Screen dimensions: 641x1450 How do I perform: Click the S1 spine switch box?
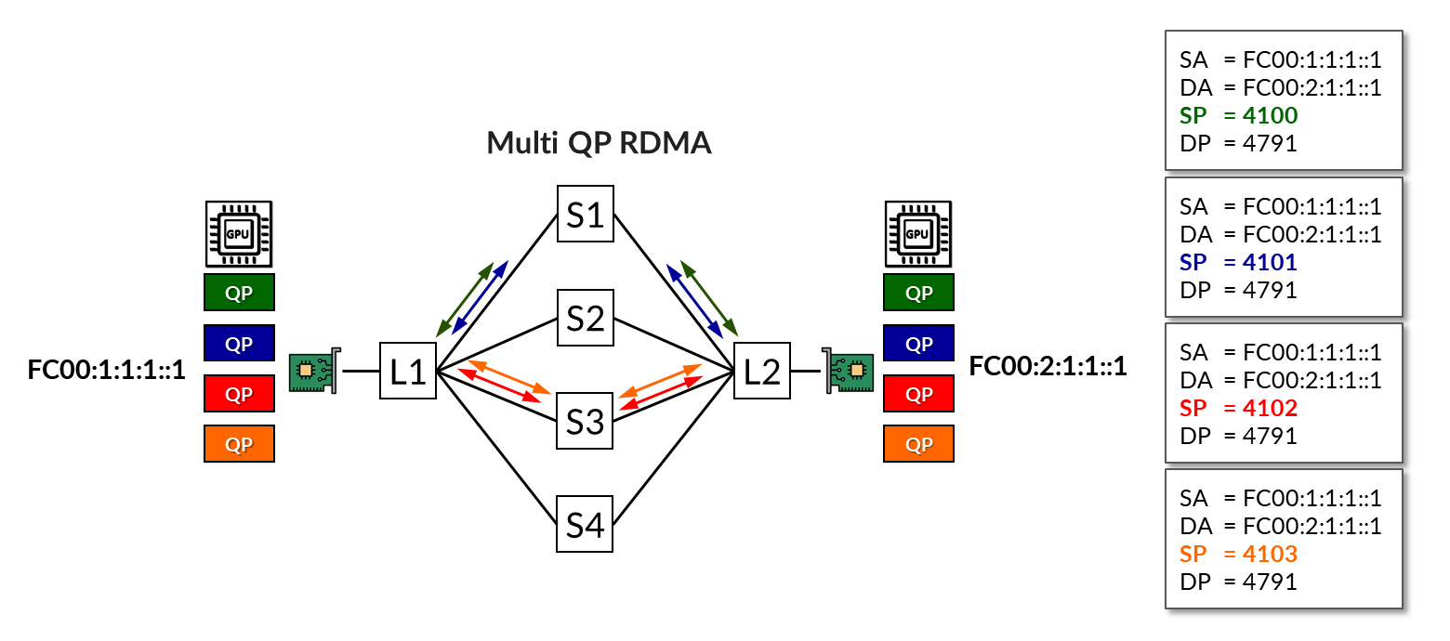pyautogui.click(x=585, y=214)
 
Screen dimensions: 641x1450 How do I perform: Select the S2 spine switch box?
pyautogui.click(x=585, y=318)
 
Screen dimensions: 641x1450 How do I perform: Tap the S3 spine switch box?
pyautogui.click(x=585, y=421)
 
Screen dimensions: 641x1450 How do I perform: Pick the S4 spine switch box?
pyautogui.click(x=585, y=524)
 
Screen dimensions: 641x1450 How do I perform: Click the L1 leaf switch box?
pyautogui.click(x=407, y=371)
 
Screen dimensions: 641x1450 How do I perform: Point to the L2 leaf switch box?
pyautogui.click(x=761, y=371)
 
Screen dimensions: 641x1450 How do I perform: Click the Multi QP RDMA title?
pyautogui.click(x=599, y=143)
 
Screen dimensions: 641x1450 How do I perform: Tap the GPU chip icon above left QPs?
pyautogui.click(x=239, y=233)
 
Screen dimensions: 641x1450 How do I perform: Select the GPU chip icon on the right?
pyautogui.click(x=917, y=233)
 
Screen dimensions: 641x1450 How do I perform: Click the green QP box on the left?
pyautogui.click(x=239, y=293)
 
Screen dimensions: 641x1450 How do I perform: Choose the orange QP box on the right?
pyautogui.click(x=917, y=444)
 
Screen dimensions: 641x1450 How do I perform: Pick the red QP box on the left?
pyautogui.click(x=239, y=394)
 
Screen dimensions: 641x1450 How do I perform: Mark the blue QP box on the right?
pyautogui.click(x=917, y=344)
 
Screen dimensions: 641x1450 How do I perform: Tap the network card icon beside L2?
pyautogui.click(x=848, y=371)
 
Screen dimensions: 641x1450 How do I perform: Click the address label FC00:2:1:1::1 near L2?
pyautogui.click(x=1048, y=366)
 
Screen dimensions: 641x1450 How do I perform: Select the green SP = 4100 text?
pyautogui.click(x=1238, y=116)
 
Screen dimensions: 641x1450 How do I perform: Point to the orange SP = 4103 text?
pyautogui.click(x=1238, y=555)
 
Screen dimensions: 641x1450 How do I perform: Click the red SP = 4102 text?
pyautogui.click(x=1238, y=408)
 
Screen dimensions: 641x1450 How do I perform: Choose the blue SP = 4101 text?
pyautogui.click(x=1238, y=263)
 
